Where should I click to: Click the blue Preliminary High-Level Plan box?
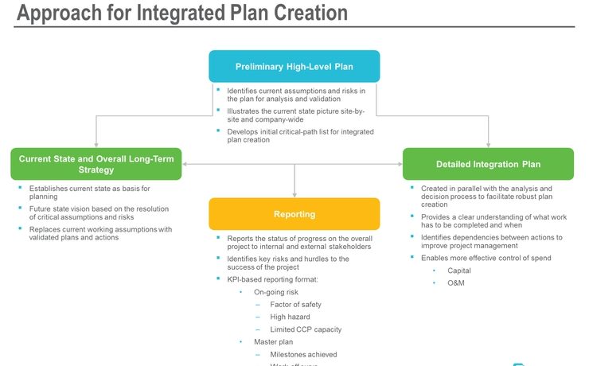pyautogui.click(x=294, y=66)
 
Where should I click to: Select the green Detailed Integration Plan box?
pyautogui.click(x=488, y=164)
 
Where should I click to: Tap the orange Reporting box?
pyautogui.click(x=294, y=214)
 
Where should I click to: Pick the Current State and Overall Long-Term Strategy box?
pyautogui.click(x=96, y=163)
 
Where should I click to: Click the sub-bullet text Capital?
pyautogui.click(x=459, y=271)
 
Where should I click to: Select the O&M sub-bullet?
pyautogui.click(x=457, y=283)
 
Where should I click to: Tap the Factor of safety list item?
pyautogui.click(x=295, y=305)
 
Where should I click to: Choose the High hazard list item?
pyautogui.click(x=290, y=317)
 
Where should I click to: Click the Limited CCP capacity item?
pyautogui.click(x=306, y=329)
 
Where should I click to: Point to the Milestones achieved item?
pyautogui.click(x=303, y=354)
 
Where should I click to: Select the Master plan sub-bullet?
pyautogui.click(x=272, y=341)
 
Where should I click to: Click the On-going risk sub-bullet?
pyautogui.click(x=275, y=292)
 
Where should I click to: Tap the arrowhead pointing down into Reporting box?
pyautogui.click(x=294, y=194)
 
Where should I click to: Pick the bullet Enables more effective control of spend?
pyautogui.click(x=486, y=258)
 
